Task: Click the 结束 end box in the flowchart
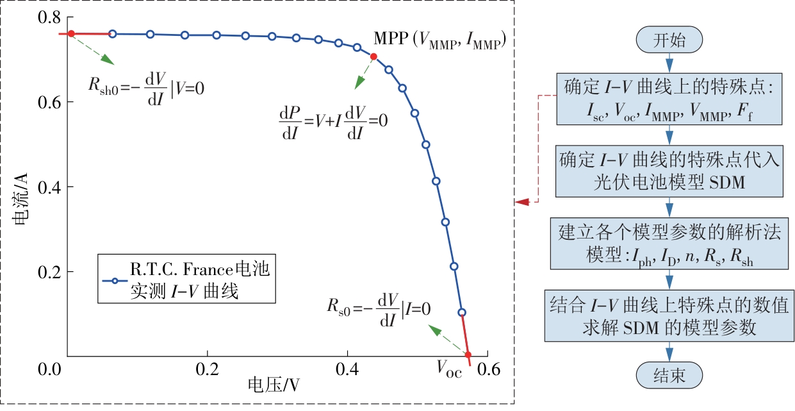click(669, 375)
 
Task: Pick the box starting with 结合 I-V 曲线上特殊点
click(669, 315)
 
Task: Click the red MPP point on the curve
click(373, 56)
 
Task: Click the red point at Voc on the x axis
click(468, 355)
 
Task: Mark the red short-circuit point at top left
click(71, 34)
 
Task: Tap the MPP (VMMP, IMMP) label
click(441, 40)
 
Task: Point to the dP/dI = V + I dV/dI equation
click(333, 120)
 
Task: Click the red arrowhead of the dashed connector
click(521, 202)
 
